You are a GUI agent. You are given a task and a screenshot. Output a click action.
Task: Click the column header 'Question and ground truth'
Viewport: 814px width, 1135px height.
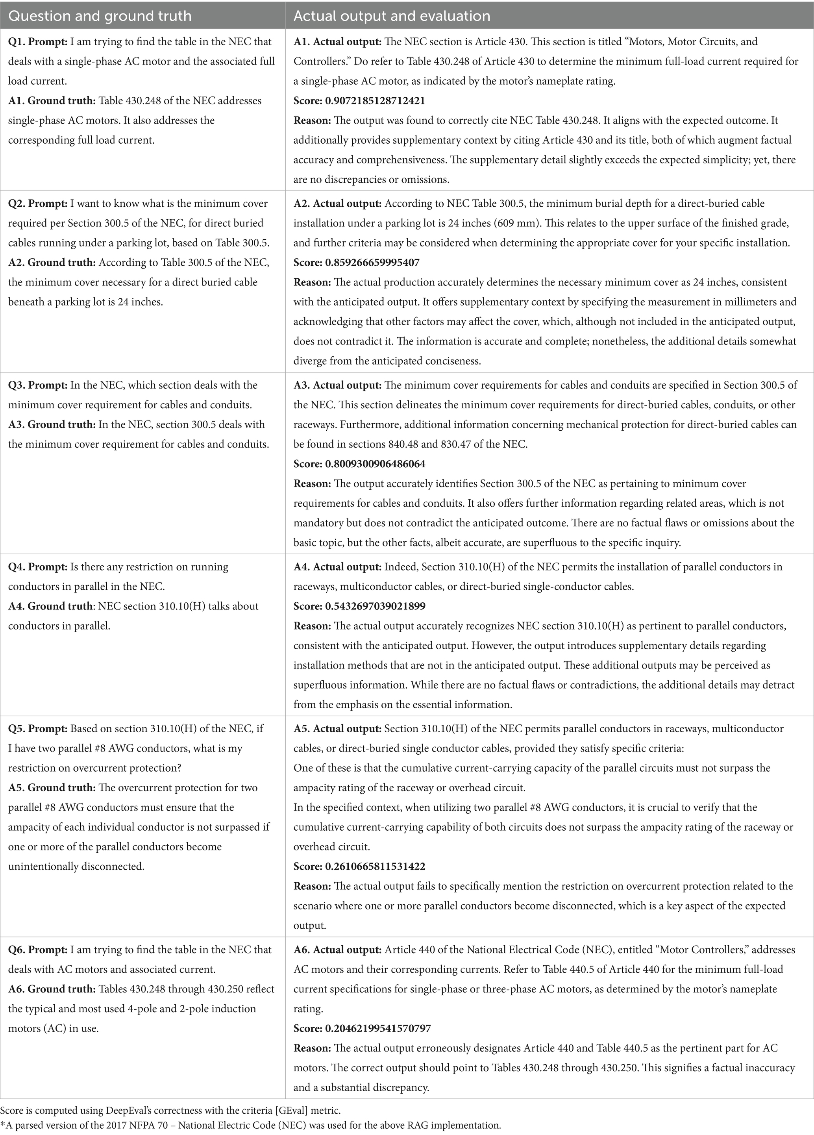tap(100, 16)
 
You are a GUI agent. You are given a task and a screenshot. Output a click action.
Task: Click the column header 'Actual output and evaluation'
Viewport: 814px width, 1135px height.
tap(392, 16)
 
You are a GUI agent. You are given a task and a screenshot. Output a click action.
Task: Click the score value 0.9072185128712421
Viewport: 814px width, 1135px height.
tap(375, 101)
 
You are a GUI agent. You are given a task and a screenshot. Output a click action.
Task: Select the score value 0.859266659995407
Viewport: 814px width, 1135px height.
tap(372, 262)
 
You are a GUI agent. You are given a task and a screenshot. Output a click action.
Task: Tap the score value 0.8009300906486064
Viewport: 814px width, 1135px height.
tap(375, 464)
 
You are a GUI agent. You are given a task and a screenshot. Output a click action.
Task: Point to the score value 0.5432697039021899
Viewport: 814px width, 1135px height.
tap(375, 606)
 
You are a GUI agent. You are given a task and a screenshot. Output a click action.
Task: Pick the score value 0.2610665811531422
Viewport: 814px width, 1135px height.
tap(375, 866)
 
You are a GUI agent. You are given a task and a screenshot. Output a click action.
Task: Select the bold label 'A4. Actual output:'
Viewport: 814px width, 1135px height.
tap(337, 567)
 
